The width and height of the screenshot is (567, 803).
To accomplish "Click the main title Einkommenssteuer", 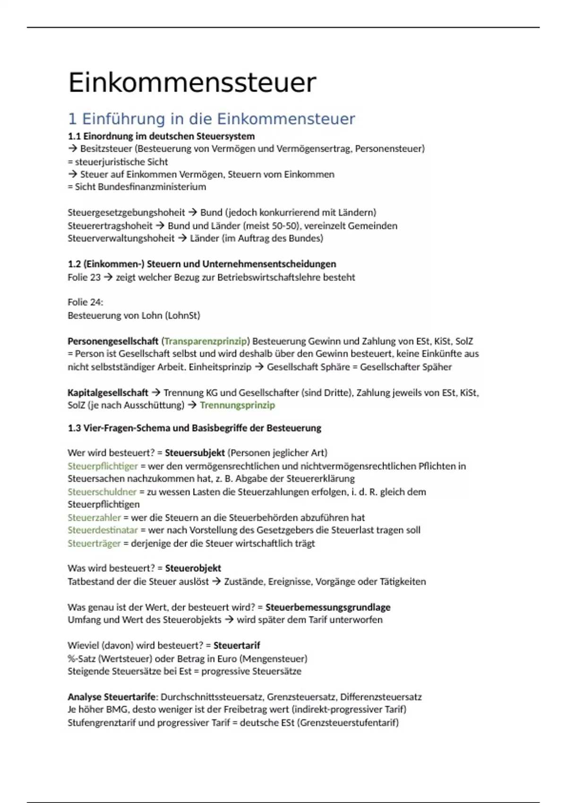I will click(x=192, y=83).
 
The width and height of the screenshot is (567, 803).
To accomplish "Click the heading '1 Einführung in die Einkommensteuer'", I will click(x=211, y=119).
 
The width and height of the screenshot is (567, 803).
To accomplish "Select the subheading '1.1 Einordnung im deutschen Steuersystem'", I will click(x=161, y=137).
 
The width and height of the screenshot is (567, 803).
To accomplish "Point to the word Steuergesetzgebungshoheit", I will click(x=126, y=213).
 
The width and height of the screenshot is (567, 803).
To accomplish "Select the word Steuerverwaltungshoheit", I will click(x=121, y=239).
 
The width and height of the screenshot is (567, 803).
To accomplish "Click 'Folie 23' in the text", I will click(x=84, y=277).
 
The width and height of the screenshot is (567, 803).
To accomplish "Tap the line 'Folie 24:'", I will click(x=86, y=302).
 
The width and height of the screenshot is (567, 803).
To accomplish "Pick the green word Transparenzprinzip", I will click(x=206, y=341).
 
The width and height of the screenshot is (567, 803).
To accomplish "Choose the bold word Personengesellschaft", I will click(x=113, y=341).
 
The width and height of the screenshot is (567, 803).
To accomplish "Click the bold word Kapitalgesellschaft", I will click(x=108, y=393).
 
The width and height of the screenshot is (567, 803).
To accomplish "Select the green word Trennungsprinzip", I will click(x=237, y=405).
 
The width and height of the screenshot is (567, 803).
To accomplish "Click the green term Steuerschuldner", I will click(x=102, y=492).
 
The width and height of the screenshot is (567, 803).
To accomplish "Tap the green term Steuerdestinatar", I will click(x=103, y=530).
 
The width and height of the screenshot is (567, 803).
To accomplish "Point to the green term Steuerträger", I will click(x=94, y=544).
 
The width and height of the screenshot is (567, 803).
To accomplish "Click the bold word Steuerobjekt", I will click(x=193, y=568).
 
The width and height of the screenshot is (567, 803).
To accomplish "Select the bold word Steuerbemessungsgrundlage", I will click(x=328, y=607).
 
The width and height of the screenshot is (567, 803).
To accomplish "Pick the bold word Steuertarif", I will click(x=237, y=646).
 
